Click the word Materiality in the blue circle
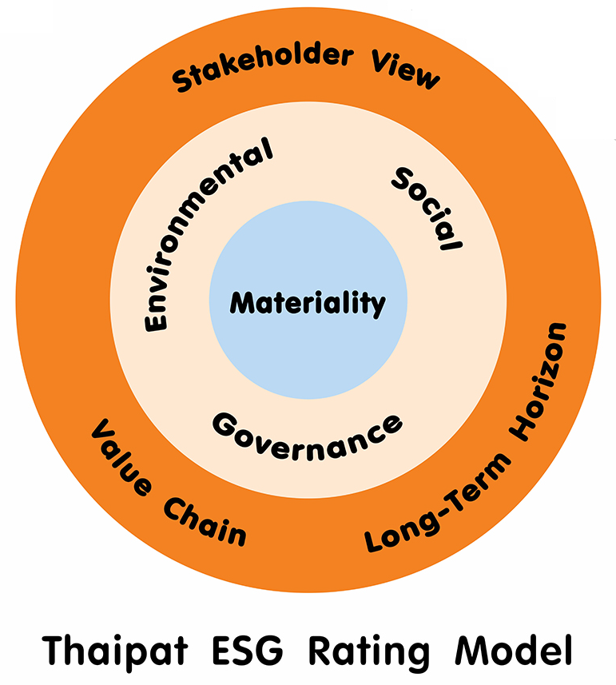[x=308, y=303]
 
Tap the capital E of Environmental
[x=155, y=319]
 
